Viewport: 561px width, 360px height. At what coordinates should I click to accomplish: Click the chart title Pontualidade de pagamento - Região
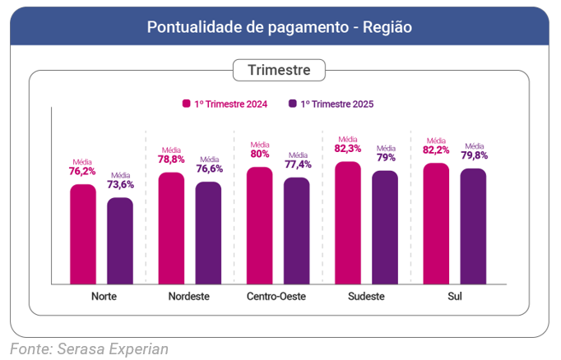click(x=280, y=27)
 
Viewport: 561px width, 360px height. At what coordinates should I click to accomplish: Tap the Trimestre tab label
click(x=280, y=70)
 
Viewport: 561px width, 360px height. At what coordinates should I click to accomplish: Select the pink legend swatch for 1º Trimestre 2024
click(x=187, y=104)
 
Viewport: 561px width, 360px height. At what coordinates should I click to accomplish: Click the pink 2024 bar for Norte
click(x=83, y=234)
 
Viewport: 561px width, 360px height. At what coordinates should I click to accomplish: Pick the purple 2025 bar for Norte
click(x=120, y=241)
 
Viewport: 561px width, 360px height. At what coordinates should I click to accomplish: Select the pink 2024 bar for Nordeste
click(x=171, y=228)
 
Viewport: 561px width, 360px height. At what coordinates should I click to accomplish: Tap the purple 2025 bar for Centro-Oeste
click(x=297, y=231)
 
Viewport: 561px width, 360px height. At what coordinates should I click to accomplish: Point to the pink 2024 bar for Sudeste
click(x=348, y=223)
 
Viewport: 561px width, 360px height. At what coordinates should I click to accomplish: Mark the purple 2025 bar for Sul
click(x=473, y=226)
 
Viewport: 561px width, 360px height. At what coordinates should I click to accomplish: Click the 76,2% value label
click(x=82, y=172)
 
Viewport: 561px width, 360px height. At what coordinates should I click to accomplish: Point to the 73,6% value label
click(x=120, y=185)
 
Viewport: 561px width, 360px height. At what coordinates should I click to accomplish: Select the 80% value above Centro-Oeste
click(x=260, y=154)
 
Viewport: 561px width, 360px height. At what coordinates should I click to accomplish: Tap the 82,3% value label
click(x=348, y=149)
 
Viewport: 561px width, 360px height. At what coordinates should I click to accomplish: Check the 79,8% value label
click(x=474, y=155)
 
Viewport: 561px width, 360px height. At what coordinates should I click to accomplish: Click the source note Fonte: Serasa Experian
click(x=89, y=348)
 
